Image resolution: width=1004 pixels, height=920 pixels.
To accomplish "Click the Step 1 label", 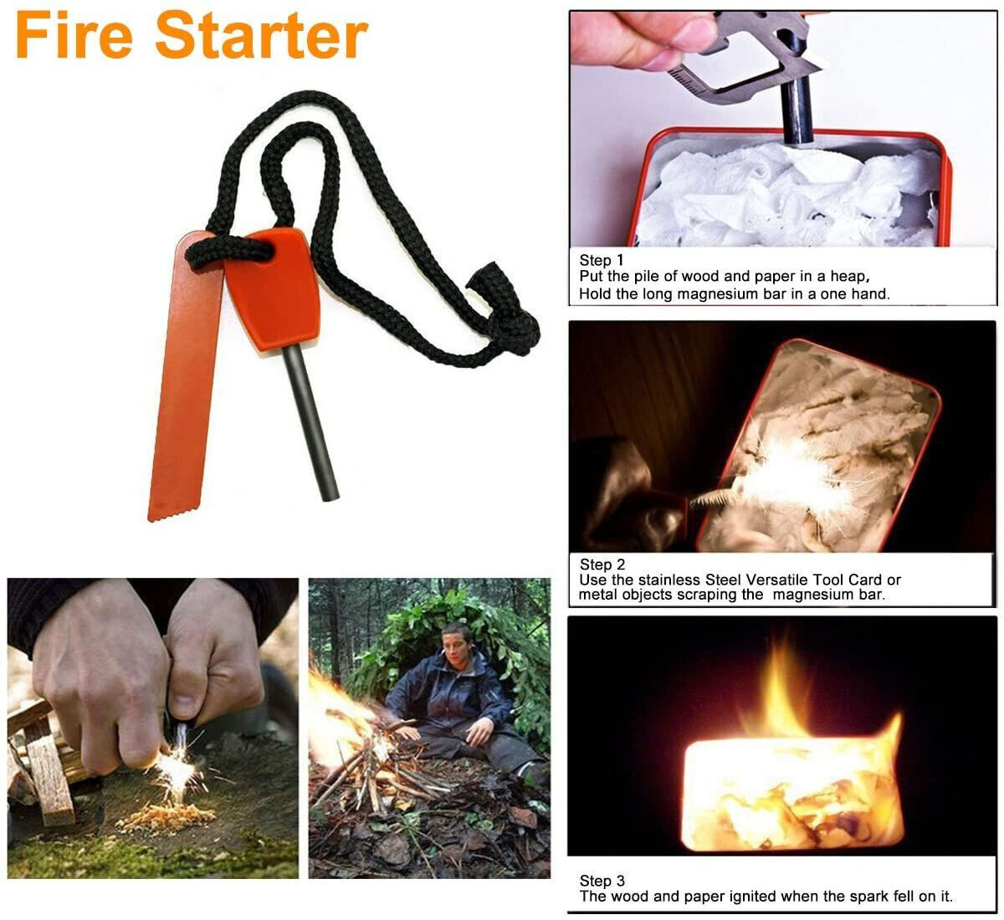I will coord(602,260).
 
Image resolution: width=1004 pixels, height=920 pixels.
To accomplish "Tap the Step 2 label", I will coord(602,565).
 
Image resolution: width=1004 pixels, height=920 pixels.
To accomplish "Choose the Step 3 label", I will coord(602,881).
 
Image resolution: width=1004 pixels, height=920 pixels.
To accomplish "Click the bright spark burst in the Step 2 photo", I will coord(778,477).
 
